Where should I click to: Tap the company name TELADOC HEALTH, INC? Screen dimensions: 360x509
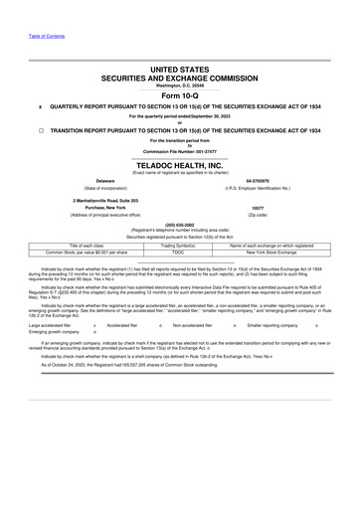(x=179, y=165)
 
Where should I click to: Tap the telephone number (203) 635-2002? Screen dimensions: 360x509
(x=179, y=224)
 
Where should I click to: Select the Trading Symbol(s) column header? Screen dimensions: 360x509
(x=179, y=245)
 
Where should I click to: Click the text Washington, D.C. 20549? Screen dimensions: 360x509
(x=179, y=85)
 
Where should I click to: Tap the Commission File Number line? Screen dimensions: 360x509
(x=179, y=151)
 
